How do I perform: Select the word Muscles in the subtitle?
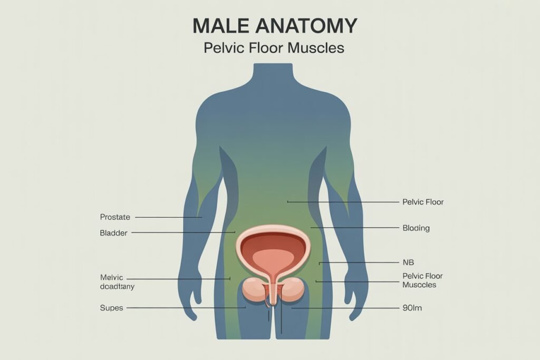[x=316, y=48]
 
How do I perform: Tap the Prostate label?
[x=115, y=217]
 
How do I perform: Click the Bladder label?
[x=114, y=233]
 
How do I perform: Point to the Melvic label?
[x=112, y=277]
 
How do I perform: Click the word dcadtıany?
[x=117, y=286]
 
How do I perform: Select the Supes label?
[x=112, y=308]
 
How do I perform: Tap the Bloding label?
[x=416, y=228]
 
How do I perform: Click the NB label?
[x=408, y=262]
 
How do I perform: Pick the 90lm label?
[x=412, y=308]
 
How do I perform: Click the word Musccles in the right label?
[x=419, y=285]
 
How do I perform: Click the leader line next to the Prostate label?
[x=168, y=218]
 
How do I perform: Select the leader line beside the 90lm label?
[x=345, y=308]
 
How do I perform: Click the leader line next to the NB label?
[x=359, y=262]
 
